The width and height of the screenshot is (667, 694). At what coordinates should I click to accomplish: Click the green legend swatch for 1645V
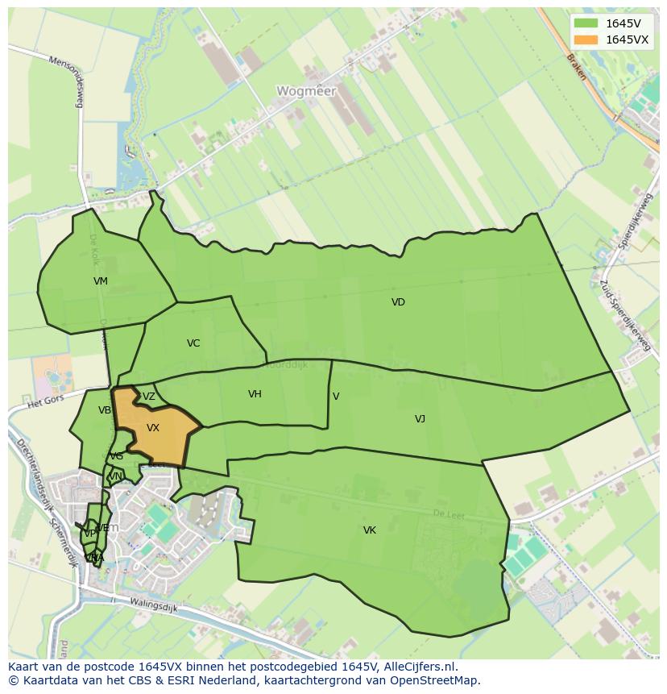tap(586, 23)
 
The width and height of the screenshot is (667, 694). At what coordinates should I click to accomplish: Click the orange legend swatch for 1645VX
tap(586, 39)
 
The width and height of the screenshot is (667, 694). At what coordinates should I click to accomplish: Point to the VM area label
tap(100, 281)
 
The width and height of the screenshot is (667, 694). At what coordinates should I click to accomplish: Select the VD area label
tap(398, 302)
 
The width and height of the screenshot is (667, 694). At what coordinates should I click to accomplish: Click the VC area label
tap(193, 343)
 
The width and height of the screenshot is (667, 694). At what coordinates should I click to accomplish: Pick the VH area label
tap(255, 394)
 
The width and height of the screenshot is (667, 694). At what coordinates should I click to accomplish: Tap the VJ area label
tap(420, 418)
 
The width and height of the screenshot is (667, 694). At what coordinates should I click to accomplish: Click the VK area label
tap(370, 530)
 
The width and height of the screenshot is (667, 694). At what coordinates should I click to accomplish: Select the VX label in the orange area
tap(153, 428)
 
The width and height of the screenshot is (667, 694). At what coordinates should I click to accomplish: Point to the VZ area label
tap(149, 397)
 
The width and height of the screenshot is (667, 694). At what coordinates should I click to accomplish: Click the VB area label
tap(105, 410)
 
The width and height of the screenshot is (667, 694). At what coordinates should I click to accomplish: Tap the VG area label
tap(117, 456)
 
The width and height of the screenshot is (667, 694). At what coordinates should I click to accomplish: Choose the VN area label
tap(115, 476)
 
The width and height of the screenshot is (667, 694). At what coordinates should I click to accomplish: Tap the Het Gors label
tap(45, 401)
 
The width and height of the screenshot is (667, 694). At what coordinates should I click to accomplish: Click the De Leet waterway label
tap(449, 514)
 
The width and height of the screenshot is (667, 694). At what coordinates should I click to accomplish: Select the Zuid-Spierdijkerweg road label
tap(626, 315)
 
